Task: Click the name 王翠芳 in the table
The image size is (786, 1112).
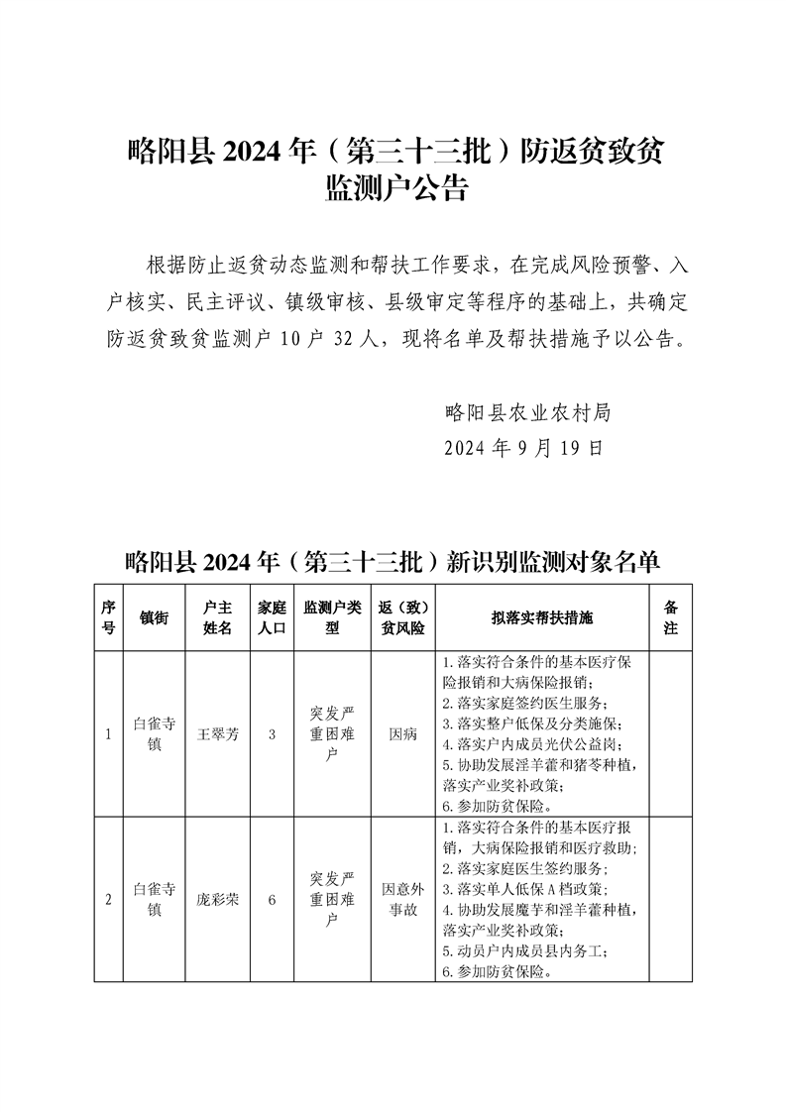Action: pyautogui.click(x=217, y=734)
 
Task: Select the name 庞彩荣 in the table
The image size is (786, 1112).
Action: pyautogui.click(x=217, y=900)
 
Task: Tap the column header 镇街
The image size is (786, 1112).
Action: pyautogui.click(x=154, y=617)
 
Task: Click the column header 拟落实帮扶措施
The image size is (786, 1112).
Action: pyautogui.click(x=541, y=617)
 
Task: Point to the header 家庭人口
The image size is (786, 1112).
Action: pyautogui.click(x=271, y=617)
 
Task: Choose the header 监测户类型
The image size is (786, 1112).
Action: pyautogui.click(x=332, y=617)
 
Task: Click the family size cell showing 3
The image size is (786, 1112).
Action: pyautogui.click(x=271, y=734)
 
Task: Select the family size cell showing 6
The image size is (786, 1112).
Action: pyautogui.click(x=271, y=900)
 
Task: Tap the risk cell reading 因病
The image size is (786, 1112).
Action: pyautogui.click(x=402, y=734)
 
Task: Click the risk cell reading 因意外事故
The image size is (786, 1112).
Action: pyautogui.click(x=402, y=900)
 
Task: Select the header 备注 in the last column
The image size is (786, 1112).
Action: pyautogui.click(x=670, y=617)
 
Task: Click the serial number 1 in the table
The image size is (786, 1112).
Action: pyautogui.click(x=108, y=734)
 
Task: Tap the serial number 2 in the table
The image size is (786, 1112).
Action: pyautogui.click(x=108, y=900)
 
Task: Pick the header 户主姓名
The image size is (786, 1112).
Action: pyautogui.click(x=217, y=617)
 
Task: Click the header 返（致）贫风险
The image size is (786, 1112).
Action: pyautogui.click(x=402, y=617)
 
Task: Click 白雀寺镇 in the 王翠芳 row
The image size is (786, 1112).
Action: pyautogui.click(x=154, y=734)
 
